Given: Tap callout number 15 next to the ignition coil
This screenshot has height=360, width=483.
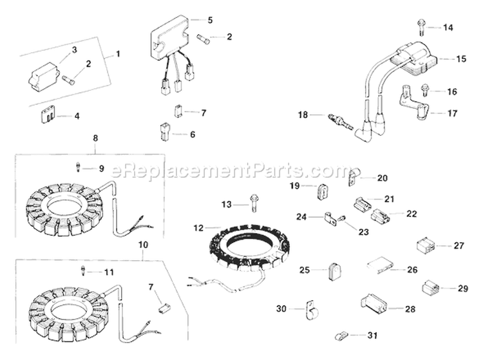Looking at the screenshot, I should point(461,59).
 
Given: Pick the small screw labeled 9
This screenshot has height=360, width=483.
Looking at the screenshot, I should point(77,167).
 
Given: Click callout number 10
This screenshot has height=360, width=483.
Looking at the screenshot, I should point(143,245).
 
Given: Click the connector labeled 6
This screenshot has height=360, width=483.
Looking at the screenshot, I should point(160,134).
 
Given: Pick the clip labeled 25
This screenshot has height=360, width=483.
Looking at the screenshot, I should point(334,271).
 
